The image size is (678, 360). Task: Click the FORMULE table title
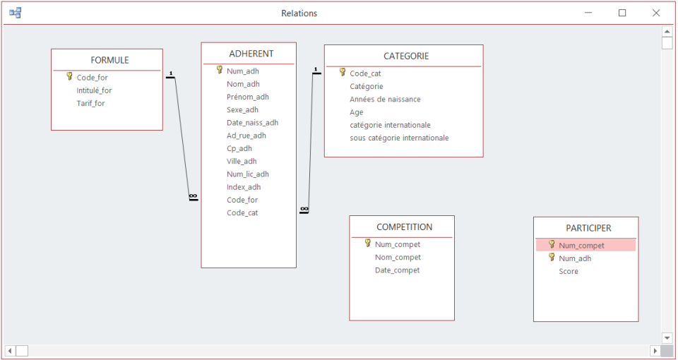tap(109, 60)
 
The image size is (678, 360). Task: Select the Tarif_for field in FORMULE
tap(91, 103)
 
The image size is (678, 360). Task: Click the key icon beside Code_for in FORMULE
tap(69, 76)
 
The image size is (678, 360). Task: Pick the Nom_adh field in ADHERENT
tap(243, 84)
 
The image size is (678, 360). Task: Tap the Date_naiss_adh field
tap(253, 123)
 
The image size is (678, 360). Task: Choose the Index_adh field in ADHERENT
tap(244, 187)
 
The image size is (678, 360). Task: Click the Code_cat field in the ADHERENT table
tap(242, 212)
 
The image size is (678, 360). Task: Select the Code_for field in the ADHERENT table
tap(242, 200)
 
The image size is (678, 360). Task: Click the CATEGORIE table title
tap(407, 56)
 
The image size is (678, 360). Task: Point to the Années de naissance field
tap(386, 100)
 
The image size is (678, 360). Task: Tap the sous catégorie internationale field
tap(399, 138)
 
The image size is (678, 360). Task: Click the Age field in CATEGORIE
tap(356, 112)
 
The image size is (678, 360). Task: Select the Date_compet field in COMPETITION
tap(398, 270)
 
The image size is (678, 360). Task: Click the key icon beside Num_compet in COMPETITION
tap(368, 244)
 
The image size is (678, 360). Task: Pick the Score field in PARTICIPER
tap(569, 271)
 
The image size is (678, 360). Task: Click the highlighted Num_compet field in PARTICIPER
tap(581, 246)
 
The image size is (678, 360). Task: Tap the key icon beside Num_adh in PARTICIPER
tap(552, 258)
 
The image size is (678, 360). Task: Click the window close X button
tap(656, 13)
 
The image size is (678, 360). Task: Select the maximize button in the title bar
tap(622, 13)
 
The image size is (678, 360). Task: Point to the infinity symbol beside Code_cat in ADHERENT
tap(304, 210)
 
